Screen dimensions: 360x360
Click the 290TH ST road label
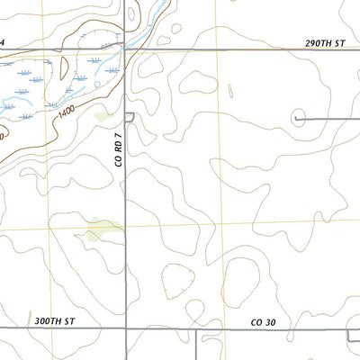[x=325, y=42]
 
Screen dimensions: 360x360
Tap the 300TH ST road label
[x=55, y=319]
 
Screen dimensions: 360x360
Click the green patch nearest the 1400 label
[x=104, y=116]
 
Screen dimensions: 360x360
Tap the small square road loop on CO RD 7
[x=129, y=117]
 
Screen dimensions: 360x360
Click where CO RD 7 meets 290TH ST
[x=126, y=50]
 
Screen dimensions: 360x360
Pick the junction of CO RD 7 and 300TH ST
[x=126, y=329]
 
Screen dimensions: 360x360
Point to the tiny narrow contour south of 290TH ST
[x=230, y=91]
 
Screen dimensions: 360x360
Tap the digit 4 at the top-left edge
[x=3, y=42]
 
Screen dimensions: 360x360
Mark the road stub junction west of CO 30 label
[x=196, y=329]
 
